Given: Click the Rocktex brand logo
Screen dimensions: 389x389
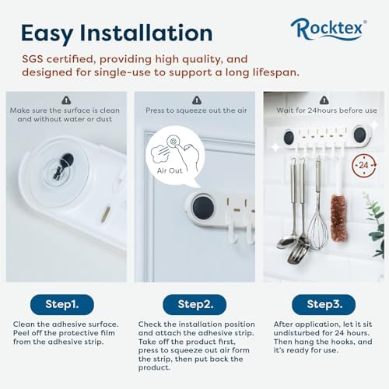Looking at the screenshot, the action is (x=328, y=30).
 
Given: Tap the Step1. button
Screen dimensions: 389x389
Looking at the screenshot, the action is (x=62, y=304).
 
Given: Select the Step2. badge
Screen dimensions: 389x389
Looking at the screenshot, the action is (x=194, y=304).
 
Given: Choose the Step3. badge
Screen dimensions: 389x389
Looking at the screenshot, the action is (x=324, y=304).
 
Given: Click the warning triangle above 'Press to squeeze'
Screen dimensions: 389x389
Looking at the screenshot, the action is (x=197, y=100).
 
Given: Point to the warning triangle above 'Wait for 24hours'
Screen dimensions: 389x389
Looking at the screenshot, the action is (x=324, y=100).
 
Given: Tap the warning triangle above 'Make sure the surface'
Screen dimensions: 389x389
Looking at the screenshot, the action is (x=66, y=100).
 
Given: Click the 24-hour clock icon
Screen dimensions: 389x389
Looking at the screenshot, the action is (x=364, y=165).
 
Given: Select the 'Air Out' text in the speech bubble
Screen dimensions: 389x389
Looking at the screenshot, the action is (x=170, y=170).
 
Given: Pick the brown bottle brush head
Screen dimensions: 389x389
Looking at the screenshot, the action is (x=338, y=218).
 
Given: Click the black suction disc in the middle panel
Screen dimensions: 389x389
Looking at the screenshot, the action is (x=203, y=208).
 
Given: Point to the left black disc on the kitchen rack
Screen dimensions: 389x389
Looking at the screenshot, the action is (x=289, y=138).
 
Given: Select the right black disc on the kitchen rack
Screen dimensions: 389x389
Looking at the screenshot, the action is (x=359, y=135).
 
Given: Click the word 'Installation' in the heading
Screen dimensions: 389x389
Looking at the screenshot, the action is (x=146, y=33).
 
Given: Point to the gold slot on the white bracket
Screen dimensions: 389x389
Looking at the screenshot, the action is (x=106, y=213).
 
